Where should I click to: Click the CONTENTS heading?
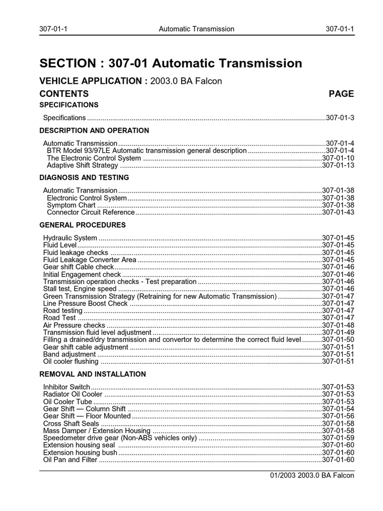click(x=64, y=94)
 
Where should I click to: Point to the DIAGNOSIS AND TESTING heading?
click(x=84, y=178)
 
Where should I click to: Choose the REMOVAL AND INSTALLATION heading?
click(x=92, y=374)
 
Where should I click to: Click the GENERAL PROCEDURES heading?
click(x=82, y=225)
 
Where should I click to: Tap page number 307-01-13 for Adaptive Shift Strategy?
click(x=338, y=165)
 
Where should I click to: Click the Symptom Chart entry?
click(x=71, y=205)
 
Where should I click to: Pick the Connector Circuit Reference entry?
click(x=91, y=213)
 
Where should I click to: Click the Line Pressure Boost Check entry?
click(x=85, y=303)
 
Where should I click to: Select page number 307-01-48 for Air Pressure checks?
click(x=338, y=325)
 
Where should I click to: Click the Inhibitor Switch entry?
click(x=67, y=387)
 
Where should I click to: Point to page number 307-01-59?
click(x=338, y=438)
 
